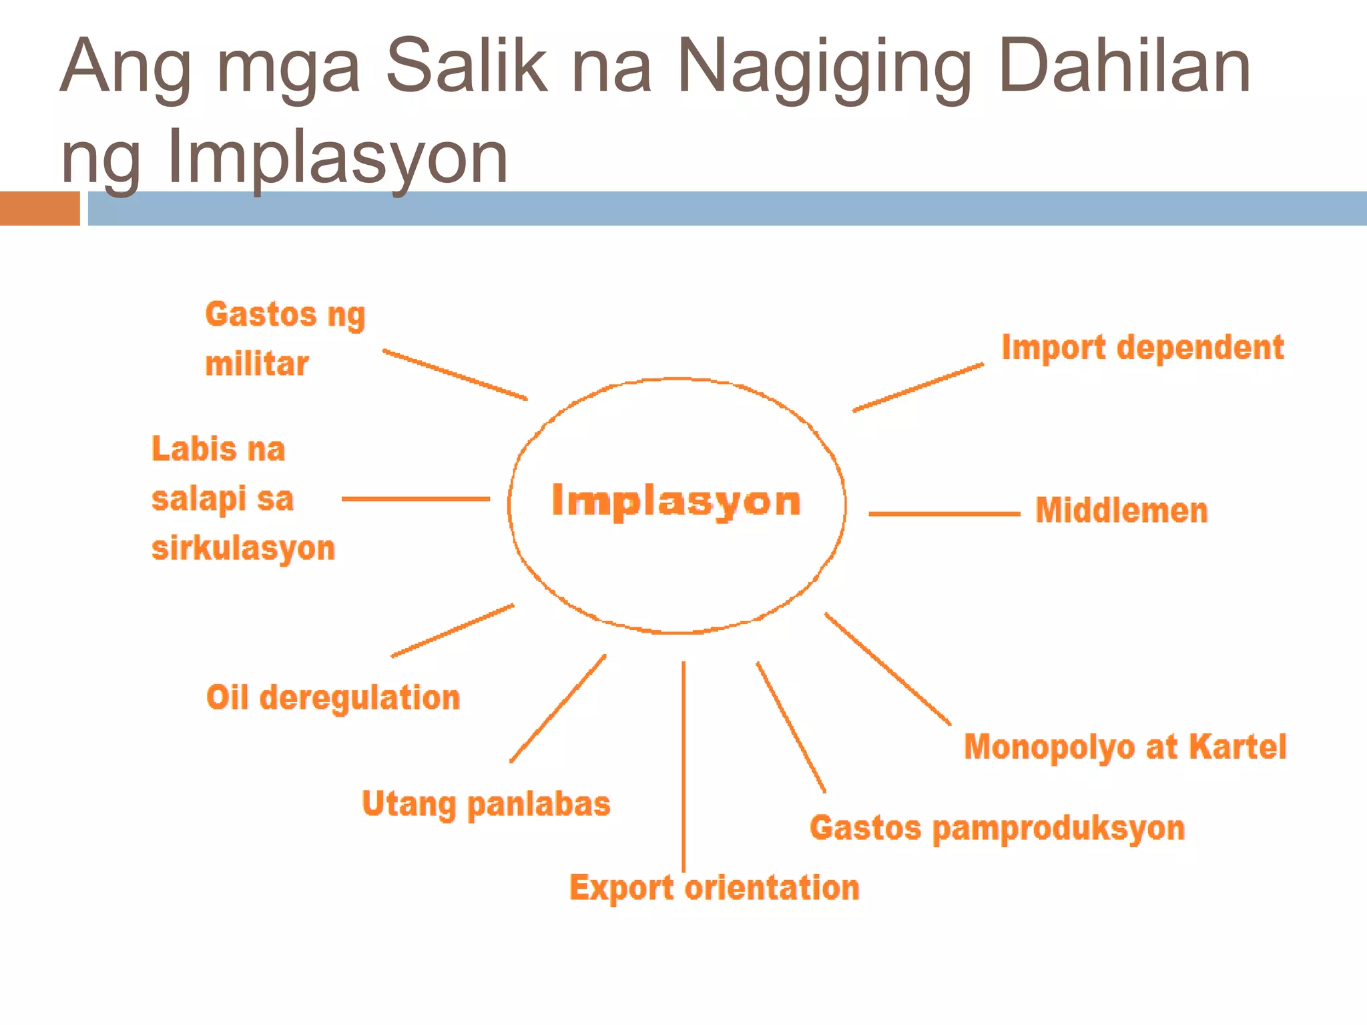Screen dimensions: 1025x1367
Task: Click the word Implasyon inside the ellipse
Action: coord(675,500)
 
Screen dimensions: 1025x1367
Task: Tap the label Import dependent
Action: coord(1142,348)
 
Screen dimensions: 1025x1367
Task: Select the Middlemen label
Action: coord(1121,511)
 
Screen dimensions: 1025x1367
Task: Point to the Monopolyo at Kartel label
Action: coord(1125,747)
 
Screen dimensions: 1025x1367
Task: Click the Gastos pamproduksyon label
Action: coord(997,828)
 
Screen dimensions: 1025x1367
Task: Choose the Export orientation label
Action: coord(714,888)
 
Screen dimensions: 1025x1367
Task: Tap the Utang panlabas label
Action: coord(486,804)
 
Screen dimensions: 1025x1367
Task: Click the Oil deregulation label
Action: coord(333,698)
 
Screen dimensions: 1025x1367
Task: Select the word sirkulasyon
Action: coord(243,549)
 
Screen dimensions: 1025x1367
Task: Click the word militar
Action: coord(257,364)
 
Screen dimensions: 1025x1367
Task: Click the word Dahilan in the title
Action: coord(1124,66)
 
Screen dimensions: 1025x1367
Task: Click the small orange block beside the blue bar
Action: coord(39,208)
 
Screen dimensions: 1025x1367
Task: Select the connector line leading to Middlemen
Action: coord(944,514)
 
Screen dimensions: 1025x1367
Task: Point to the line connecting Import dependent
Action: coord(918,388)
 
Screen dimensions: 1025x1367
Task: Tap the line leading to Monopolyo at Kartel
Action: coord(888,669)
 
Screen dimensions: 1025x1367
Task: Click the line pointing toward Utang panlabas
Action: coord(558,709)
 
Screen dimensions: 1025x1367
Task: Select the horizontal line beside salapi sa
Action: coord(415,498)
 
